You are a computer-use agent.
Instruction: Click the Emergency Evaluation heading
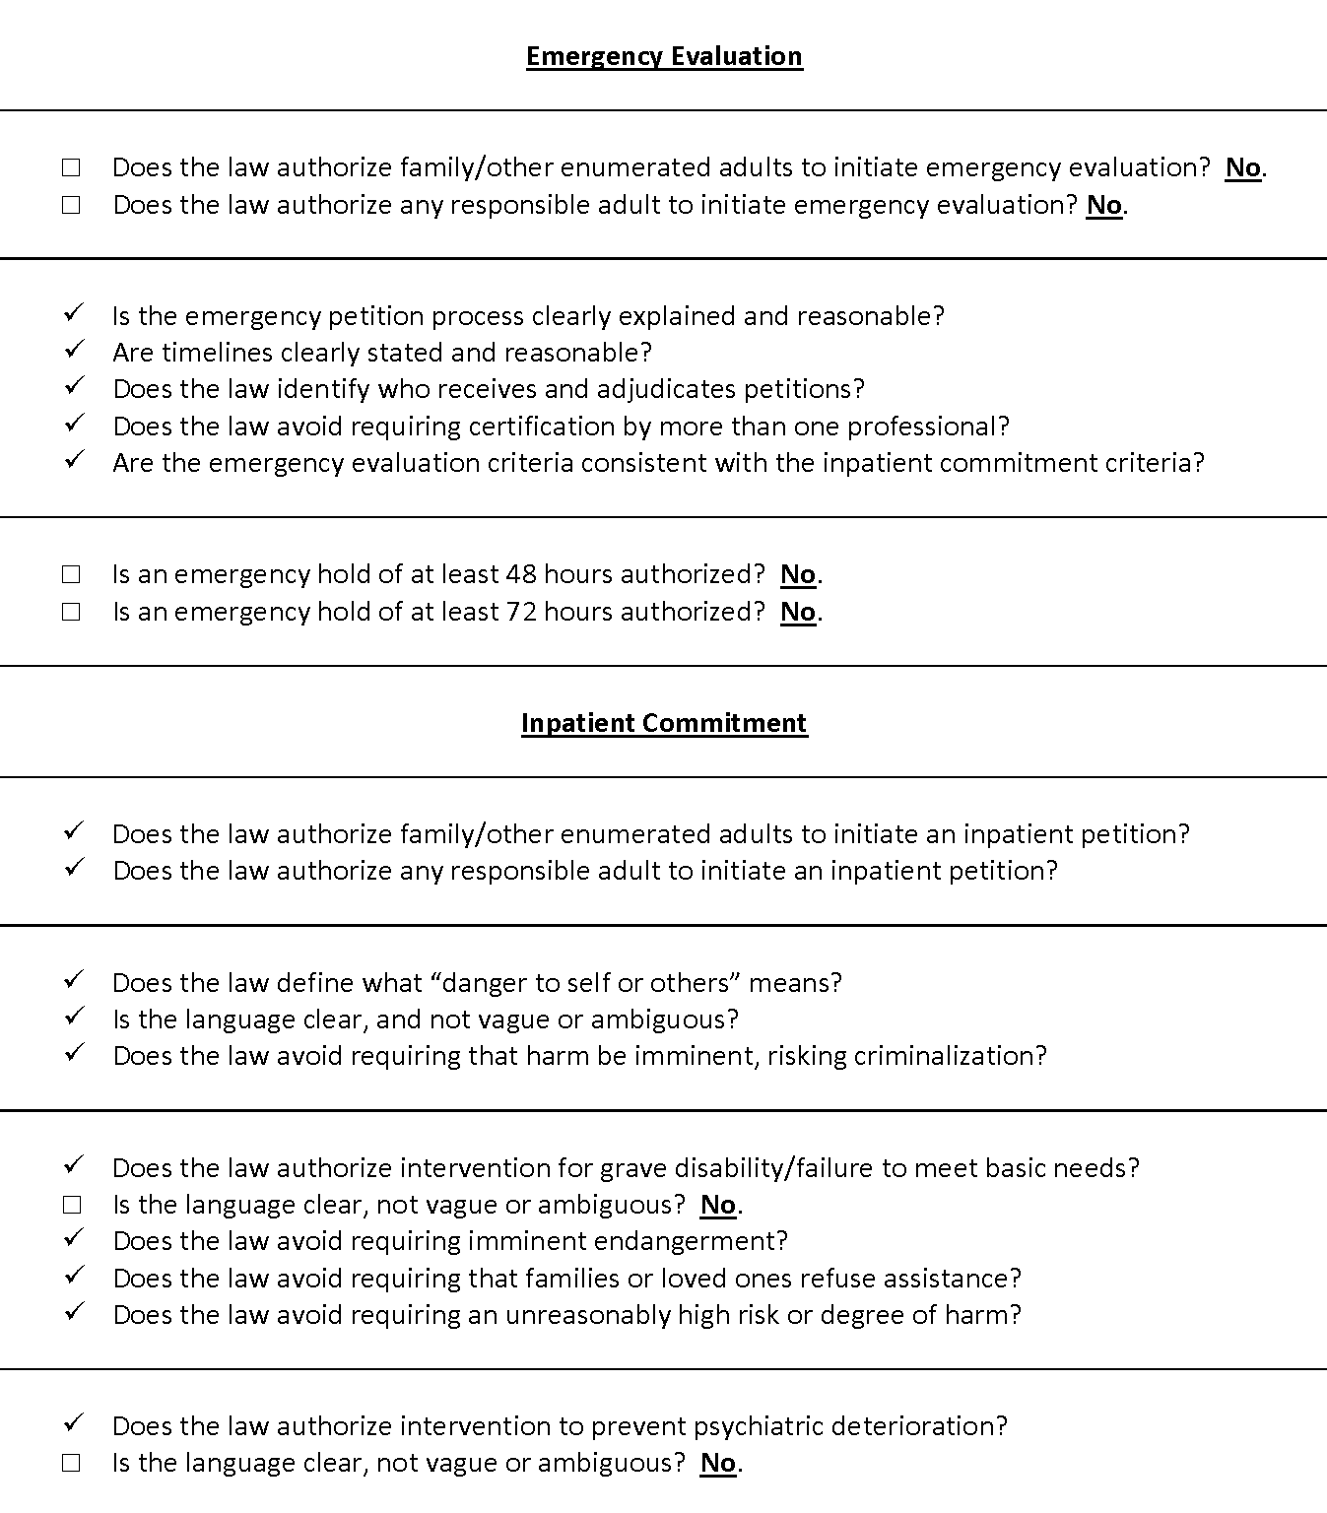[664, 56]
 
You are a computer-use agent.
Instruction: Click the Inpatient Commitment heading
[664, 723]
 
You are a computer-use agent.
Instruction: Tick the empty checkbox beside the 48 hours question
[71, 574]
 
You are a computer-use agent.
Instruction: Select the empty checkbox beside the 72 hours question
[71, 612]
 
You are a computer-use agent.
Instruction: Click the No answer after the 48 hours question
[798, 574]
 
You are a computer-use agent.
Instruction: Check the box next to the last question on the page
[71, 1464]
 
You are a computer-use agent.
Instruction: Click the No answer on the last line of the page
[718, 1464]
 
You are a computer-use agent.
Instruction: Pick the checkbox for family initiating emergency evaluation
[71, 168]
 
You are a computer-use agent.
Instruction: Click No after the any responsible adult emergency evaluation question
[1104, 205]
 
